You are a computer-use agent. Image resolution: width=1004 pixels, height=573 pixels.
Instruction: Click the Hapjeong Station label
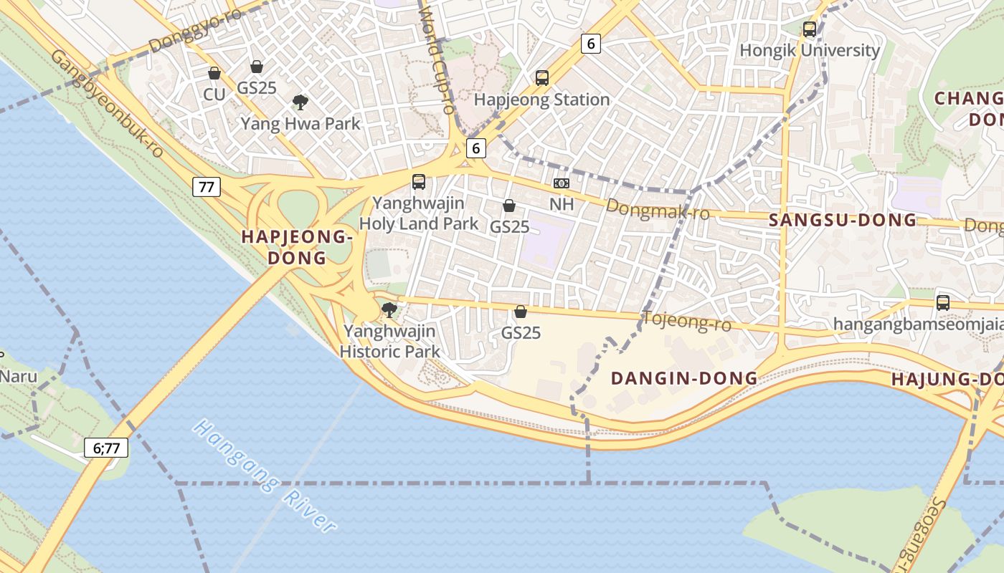tap(541, 100)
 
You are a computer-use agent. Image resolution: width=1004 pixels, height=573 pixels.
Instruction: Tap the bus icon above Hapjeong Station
tap(542, 78)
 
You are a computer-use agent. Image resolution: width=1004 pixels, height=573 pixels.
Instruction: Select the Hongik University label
tap(809, 50)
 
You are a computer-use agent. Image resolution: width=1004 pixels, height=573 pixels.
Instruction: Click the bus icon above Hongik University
tap(810, 29)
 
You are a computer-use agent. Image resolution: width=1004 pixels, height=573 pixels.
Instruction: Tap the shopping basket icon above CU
tap(214, 73)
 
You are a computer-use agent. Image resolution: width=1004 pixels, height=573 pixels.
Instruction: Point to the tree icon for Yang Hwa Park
tap(300, 102)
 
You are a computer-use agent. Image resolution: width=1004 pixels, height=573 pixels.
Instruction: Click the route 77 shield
tap(207, 188)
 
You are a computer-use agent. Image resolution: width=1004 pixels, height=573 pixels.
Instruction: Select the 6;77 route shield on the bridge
tap(106, 448)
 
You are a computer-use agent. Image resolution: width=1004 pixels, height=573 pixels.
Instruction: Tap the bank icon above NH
tap(562, 183)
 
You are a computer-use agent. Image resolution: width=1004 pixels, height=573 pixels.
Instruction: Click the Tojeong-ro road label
tap(688, 322)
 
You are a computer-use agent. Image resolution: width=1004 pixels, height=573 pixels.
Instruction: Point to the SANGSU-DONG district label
tap(843, 220)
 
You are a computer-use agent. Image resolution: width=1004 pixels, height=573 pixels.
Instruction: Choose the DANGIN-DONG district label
tap(683, 378)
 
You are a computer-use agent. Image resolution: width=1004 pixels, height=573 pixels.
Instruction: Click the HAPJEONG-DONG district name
tap(297, 247)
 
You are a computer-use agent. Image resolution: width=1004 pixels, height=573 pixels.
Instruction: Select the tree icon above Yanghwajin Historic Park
tap(389, 310)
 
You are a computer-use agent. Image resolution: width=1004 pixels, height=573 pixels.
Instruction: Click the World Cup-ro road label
tap(437, 61)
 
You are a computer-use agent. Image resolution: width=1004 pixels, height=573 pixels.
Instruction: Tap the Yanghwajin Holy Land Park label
tap(419, 213)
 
